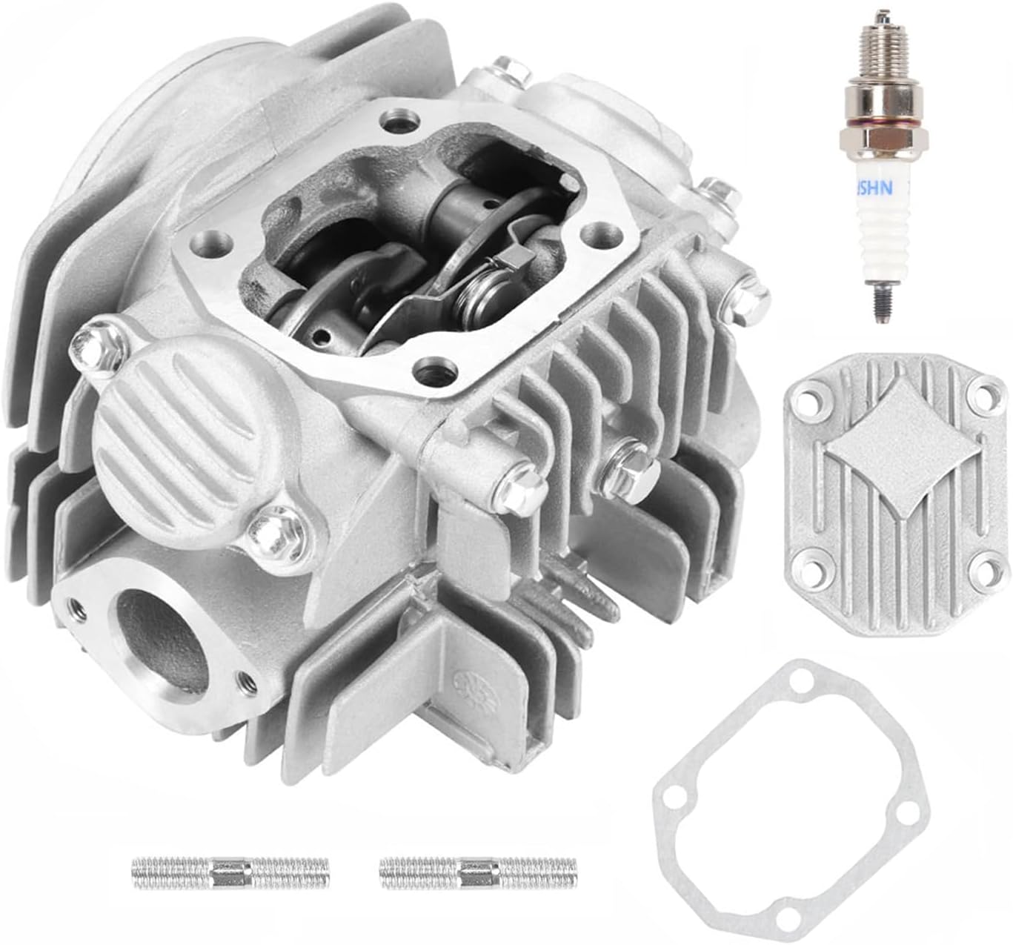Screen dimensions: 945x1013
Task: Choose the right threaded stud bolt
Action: click(x=478, y=873)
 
